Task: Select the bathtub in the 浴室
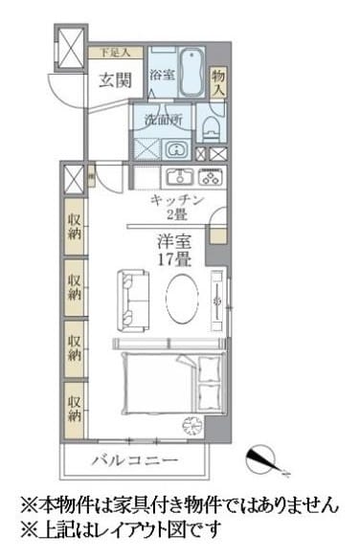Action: [187, 70]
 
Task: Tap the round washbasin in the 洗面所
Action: [176, 149]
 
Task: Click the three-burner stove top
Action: [211, 176]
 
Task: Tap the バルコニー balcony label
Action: [134, 460]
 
